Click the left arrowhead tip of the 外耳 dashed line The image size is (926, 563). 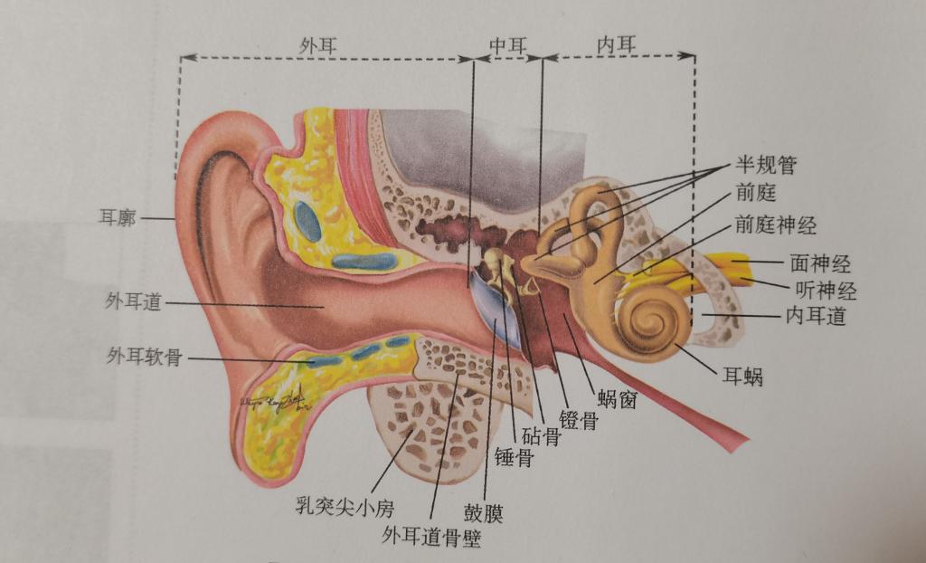tap(180, 58)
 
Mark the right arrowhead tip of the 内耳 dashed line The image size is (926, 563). tap(695, 56)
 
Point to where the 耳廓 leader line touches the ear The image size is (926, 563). tap(175, 219)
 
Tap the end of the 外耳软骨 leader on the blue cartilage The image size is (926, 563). tap(312, 360)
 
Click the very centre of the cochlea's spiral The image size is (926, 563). tap(654, 320)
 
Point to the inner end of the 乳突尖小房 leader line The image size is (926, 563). tap(412, 430)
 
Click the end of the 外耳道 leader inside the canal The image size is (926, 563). tap(325, 307)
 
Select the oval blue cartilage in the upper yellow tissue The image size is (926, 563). tap(307, 221)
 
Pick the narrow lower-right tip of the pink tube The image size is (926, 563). tap(744, 441)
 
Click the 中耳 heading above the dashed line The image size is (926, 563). tap(507, 45)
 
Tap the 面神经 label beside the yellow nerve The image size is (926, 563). tap(820, 263)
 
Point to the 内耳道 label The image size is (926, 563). tap(816, 317)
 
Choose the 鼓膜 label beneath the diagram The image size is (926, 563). tap(483, 512)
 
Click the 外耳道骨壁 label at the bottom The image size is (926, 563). tap(431, 537)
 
